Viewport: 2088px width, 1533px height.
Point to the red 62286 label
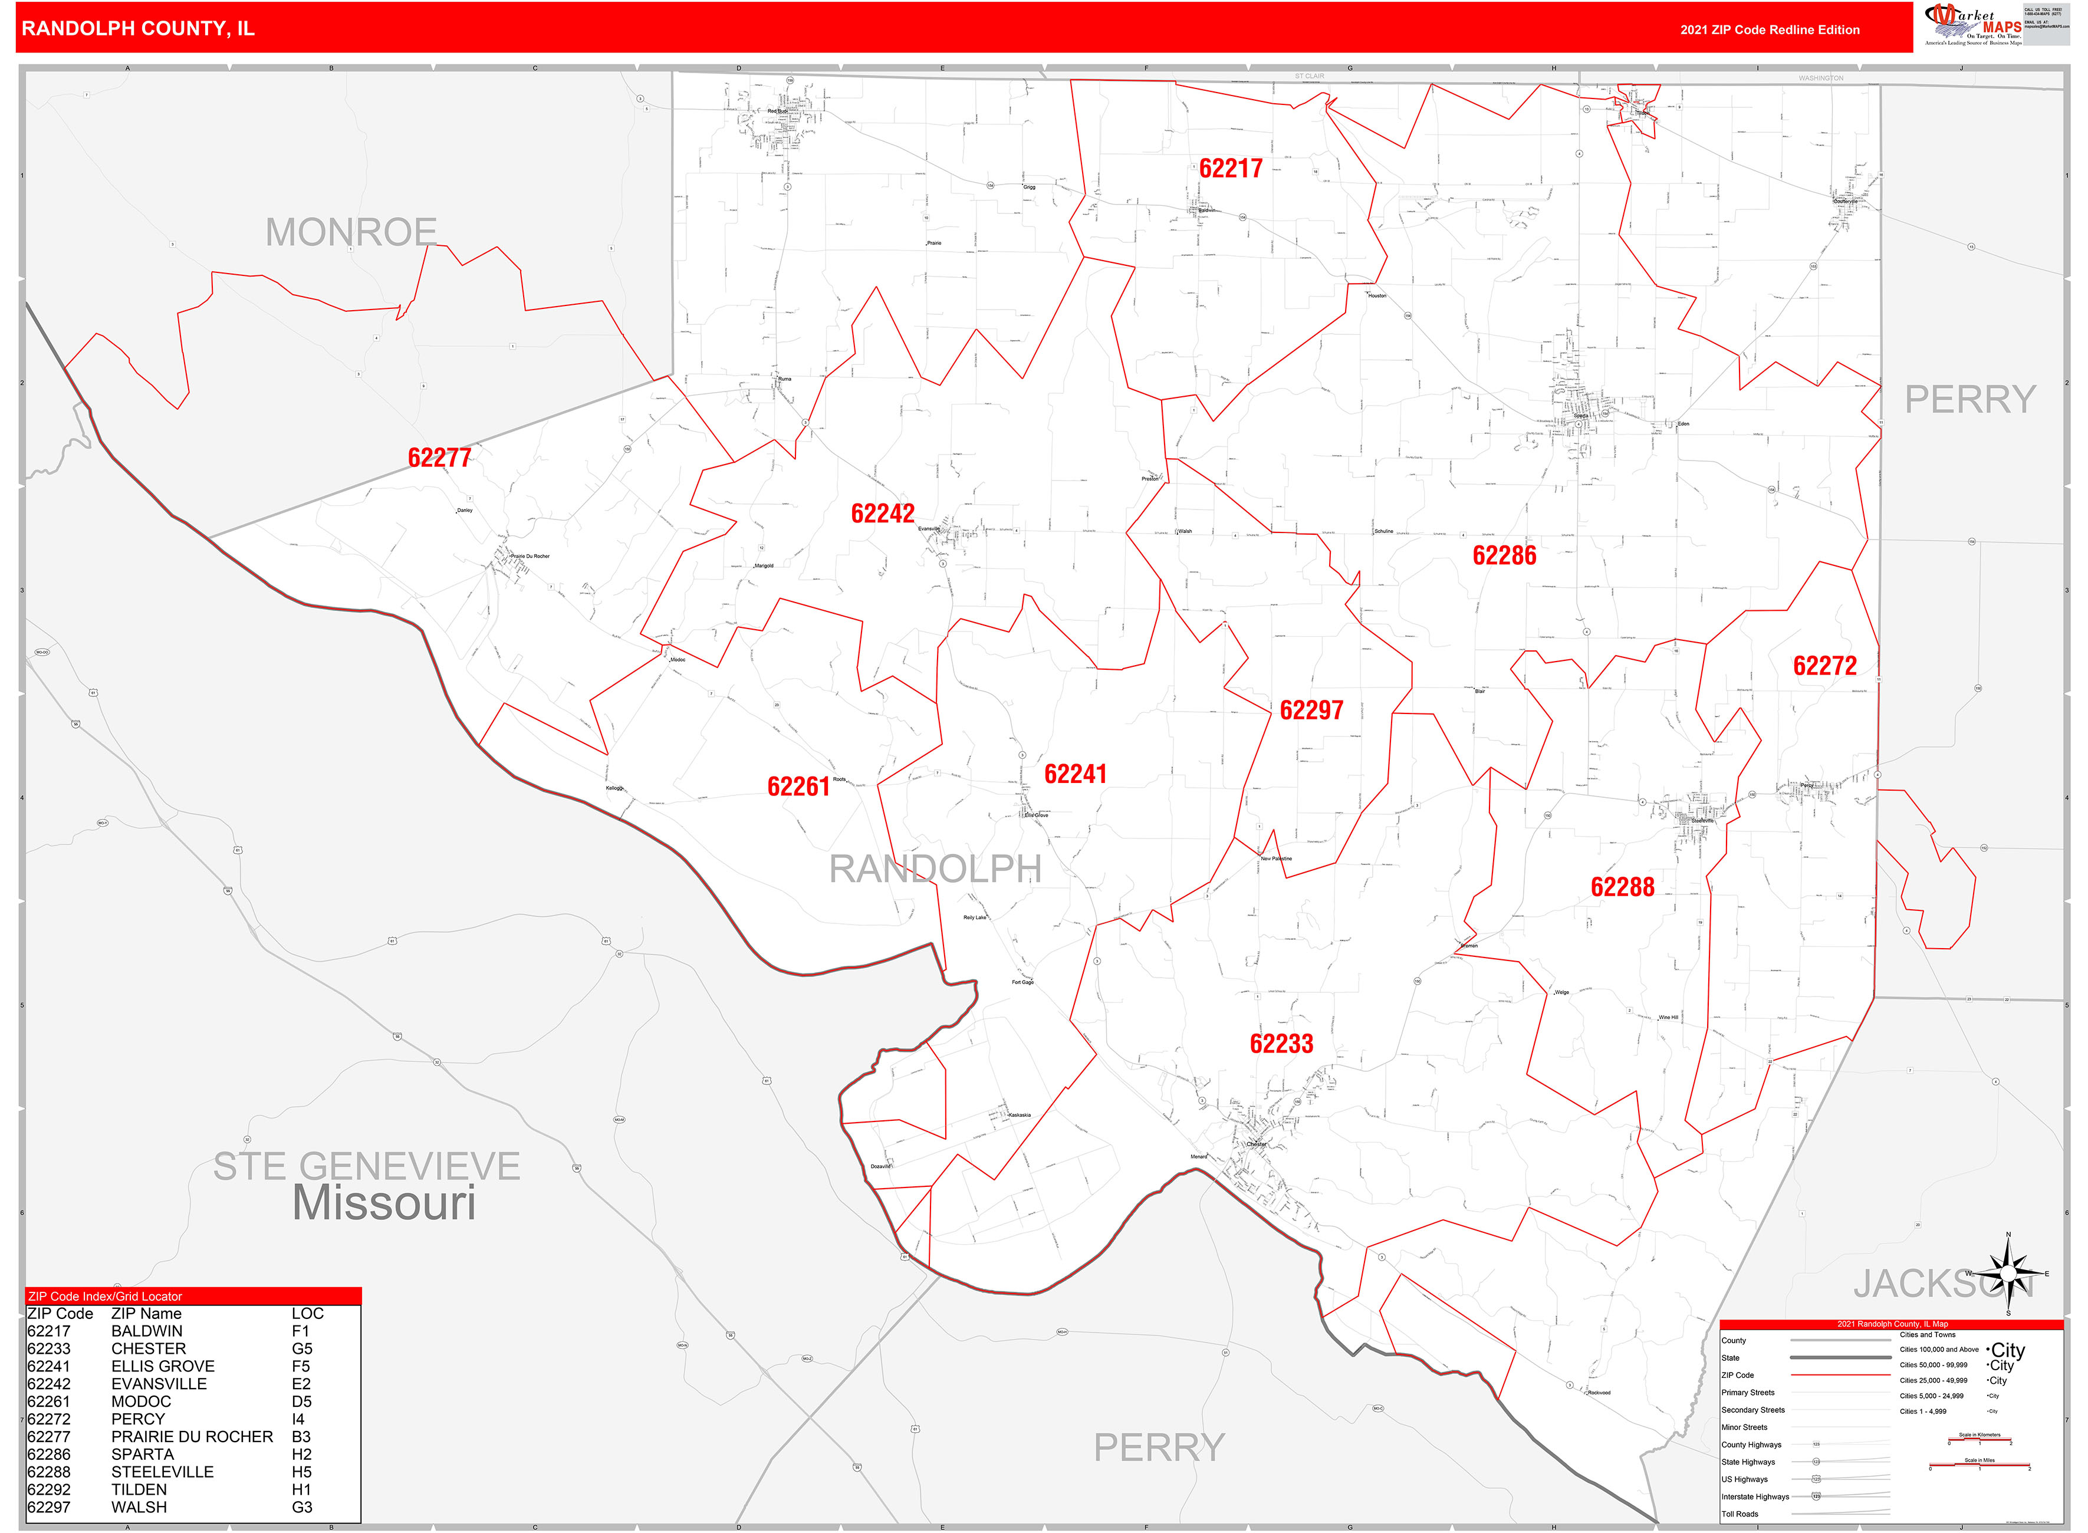point(1504,556)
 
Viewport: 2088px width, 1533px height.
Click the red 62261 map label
point(798,788)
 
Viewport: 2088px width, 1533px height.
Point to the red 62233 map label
point(1281,1045)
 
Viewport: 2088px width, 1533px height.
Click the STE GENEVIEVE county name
point(367,1166)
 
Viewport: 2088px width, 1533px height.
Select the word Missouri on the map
point(384,1203)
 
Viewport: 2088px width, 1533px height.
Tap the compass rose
point(2007,1273)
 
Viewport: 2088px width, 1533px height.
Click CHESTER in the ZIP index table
point(149,1349)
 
